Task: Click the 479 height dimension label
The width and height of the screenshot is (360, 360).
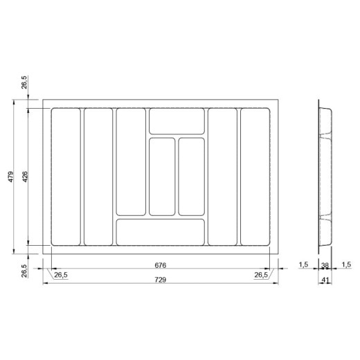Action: pyautogui.click(x=11, y=177)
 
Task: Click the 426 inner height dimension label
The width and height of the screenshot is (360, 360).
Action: pyautogui.click(x=25, y=177)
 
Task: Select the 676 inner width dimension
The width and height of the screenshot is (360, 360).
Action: pyautogui.click(x=161, y=265)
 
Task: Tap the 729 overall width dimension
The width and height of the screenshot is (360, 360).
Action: pyautogui.click(x=161, y=280)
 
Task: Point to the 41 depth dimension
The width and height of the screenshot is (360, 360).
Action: pyautogui.click(x=325, y=280)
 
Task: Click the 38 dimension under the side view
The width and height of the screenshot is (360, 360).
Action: pyautogui.click(x=325, y=265)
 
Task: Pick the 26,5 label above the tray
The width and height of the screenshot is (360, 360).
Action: pyautogui.click(x=24, y=82)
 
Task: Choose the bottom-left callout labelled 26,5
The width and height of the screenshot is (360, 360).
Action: pyautogui.click(x=61, y=275)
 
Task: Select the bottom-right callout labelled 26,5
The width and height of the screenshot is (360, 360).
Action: pyautogui.click(x=261, y=275)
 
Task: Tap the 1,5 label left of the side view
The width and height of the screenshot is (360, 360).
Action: pyautogui.click(x=303, y=264)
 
